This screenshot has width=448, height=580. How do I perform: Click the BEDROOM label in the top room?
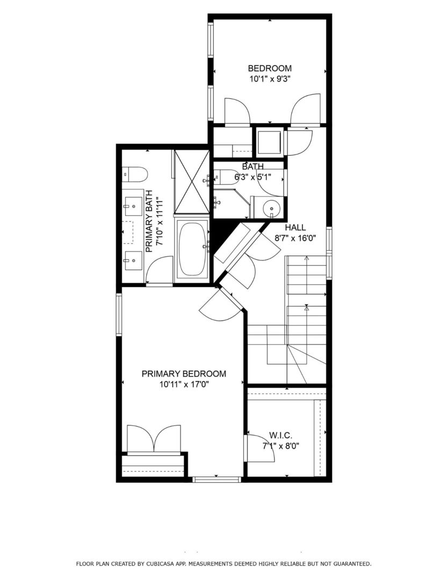(270, 68)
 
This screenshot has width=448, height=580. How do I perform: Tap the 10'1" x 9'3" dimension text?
(270, 78)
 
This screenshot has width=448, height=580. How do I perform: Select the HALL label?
(295, 228)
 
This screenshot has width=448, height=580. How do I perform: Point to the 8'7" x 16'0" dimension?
(295, 237)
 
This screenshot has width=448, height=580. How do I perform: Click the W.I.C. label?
(281, 435)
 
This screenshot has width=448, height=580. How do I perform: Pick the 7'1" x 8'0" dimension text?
(280, 445)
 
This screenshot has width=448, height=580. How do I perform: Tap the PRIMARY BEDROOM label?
(184, 374)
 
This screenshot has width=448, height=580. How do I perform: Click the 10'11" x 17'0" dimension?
(184, 384)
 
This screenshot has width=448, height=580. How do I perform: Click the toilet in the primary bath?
(135, 174)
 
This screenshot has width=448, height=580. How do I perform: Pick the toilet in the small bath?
(226, 177)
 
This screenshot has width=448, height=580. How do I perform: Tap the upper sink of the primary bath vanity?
(131, 204)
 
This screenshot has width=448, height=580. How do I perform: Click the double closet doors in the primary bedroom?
(154, 438)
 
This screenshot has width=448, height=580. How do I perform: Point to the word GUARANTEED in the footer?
(350, 564)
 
